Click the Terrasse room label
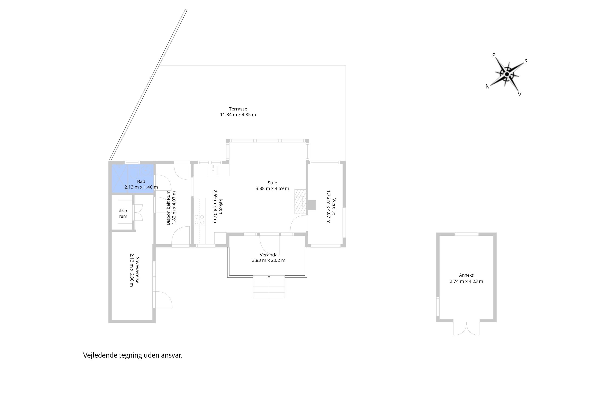[238, 109]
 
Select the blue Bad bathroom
[133, 179]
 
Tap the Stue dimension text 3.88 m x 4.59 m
[272, 188]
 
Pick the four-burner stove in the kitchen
[199, 219]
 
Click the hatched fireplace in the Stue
[300, 201]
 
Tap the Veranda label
[268, 255]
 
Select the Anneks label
[466, 275]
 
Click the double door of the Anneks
[466, 328]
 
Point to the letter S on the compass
[526, 62]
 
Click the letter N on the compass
[487, 87]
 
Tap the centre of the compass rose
[507, 75]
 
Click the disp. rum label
[123, 213]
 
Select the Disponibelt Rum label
[168, 208]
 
